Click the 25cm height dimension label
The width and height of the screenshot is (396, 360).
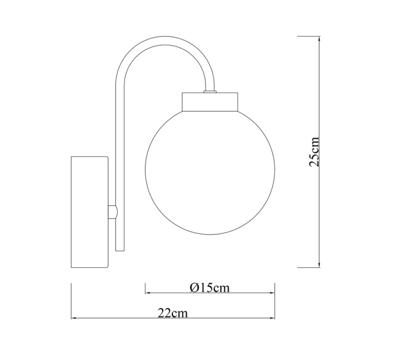coord(314,152)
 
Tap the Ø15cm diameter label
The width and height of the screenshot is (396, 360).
coord(210,288)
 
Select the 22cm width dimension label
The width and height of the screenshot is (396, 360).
coord(173,313)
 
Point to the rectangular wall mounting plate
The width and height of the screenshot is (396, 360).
coord(89,212)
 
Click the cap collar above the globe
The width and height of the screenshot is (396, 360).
coord(210,102)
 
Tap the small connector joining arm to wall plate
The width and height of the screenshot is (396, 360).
coord(113,212)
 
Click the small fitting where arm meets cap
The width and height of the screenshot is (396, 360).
coord(209,91)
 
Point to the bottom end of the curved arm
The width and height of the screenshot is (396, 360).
coord(120,250)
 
